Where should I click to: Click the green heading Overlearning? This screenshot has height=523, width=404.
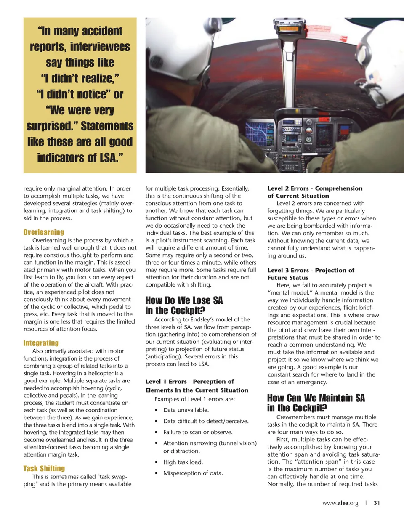[44, 232]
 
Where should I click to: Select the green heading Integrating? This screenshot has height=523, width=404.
[41, 343]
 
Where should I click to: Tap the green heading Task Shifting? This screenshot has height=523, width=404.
[44, 469]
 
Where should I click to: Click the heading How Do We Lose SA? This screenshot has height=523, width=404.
[184, 300]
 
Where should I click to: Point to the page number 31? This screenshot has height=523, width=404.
[377, 503]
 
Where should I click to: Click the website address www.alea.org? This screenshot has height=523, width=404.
[340, 503]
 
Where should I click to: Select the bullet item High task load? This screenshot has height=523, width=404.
[183, 462]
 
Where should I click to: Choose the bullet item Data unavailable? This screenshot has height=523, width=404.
[186, 410]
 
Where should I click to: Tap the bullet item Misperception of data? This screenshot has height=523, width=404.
[193, 473]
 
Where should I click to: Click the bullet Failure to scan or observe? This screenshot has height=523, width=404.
[198, 432]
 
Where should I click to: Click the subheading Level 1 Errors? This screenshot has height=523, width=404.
[166, 382]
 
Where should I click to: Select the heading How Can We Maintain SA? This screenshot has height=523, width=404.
[316, 398]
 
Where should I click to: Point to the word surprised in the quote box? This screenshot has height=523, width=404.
[52, 126]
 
